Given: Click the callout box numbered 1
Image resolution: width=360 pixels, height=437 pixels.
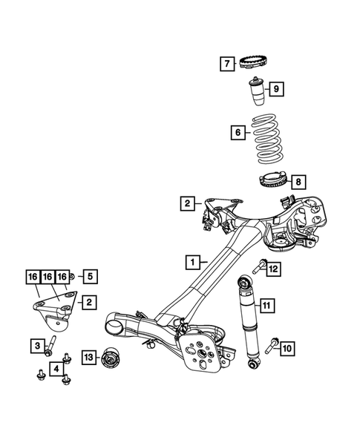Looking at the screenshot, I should click(192, 262).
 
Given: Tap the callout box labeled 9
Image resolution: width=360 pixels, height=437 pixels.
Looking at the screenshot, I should click(276, 90).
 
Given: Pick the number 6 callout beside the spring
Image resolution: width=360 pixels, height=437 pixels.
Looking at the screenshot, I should click(238, 134).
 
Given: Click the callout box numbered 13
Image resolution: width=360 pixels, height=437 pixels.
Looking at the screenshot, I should click(88, 359).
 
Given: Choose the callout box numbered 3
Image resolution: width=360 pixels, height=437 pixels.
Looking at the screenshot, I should click(36, 344).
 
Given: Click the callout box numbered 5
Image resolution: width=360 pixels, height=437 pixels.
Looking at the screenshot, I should click(88, 277).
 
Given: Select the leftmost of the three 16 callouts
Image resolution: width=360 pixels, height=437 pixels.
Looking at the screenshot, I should click(33, 277).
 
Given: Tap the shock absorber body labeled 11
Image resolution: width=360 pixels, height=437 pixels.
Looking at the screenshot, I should click(247, 323).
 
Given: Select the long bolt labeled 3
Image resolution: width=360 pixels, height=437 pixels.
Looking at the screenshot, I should click(53, 345).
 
